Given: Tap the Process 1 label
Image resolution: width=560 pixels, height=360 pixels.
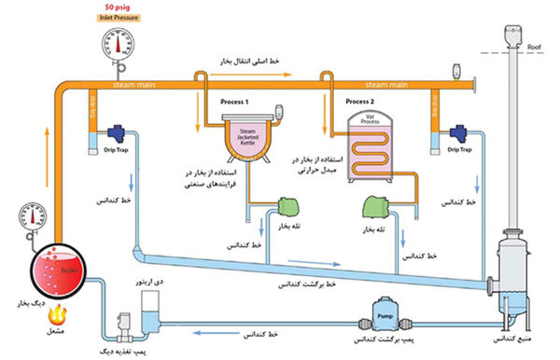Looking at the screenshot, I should tap(233, 100).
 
